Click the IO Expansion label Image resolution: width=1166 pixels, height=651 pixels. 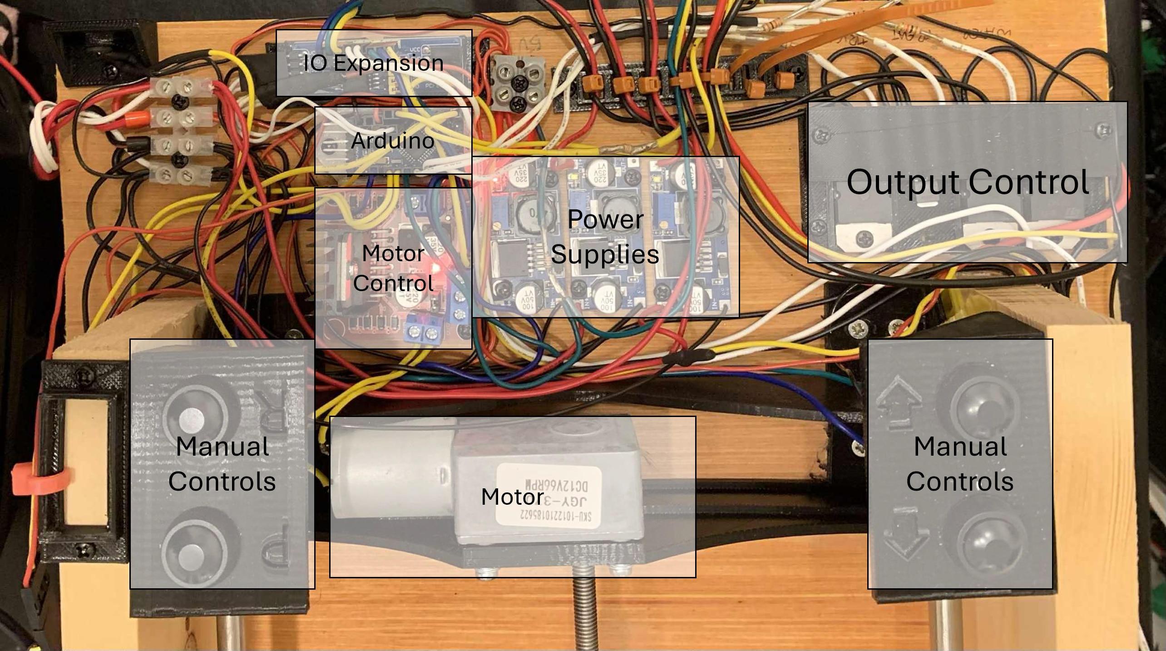(373, 63)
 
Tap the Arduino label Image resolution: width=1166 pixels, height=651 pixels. (393, 140)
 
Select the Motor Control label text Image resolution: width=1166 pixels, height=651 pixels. (393, 268)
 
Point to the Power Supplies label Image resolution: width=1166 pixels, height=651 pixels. (605, 236)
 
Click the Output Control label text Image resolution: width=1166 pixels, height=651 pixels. (968, 182)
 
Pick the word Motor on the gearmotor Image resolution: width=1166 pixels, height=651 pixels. (512, 497)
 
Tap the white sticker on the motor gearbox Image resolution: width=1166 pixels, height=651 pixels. (549, 493)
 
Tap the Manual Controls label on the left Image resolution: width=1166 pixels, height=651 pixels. (222, 463)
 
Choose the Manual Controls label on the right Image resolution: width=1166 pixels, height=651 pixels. (960, 463)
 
